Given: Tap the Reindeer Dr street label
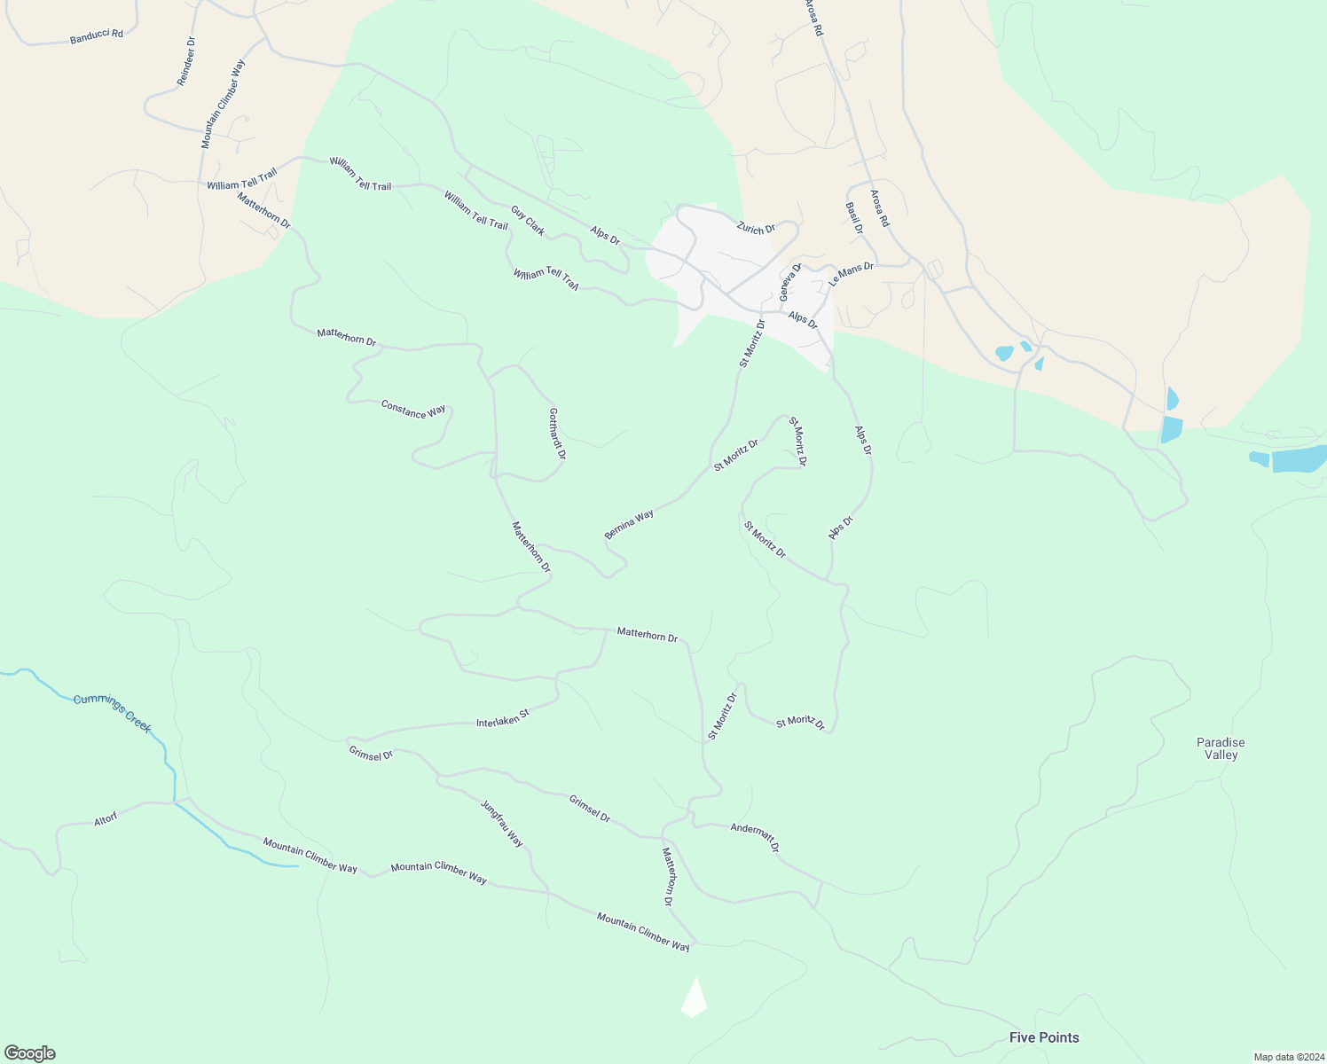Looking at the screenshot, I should [186, 62].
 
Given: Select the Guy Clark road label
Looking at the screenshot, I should [528, 220].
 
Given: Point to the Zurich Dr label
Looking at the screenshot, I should [756, 229].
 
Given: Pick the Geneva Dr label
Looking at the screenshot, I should [789, 282].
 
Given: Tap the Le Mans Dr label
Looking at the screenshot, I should [852, 273].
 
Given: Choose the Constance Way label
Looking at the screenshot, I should [413, 410].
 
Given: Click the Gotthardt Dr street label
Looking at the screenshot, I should [557, 434].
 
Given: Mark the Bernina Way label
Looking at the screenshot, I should [629, 524].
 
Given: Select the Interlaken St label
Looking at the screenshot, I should [502, 718].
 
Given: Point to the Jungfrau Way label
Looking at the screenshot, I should [502, 824].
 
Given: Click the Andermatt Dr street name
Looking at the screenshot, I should [755, 837].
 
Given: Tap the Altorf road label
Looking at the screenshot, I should [106, 820].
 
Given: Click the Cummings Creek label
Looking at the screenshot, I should [113, 713].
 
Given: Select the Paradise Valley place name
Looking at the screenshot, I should [1221, 748].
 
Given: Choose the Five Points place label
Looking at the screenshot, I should [1044, 1037].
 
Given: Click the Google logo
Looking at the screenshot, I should [30, 1052].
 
